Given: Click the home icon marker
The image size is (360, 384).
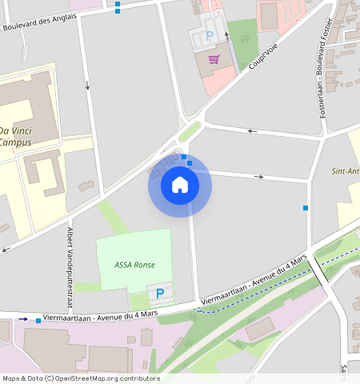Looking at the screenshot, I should coord(180,186).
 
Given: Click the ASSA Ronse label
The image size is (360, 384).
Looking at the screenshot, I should coord(134,265).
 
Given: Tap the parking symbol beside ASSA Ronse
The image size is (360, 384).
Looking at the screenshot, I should coord(160,294).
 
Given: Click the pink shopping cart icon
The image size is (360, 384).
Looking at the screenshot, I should coord(214,58).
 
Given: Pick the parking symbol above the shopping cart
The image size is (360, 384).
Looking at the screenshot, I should coord(210,36).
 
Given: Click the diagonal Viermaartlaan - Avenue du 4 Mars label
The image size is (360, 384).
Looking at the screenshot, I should coord(254,281).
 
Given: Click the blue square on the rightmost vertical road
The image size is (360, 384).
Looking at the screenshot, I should coord(306,208).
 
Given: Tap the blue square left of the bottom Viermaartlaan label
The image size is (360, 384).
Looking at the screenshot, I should coord(38,320).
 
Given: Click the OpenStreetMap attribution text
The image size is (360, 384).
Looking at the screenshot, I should coord(81,378).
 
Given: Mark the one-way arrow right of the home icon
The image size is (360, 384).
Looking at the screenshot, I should coord(258,176).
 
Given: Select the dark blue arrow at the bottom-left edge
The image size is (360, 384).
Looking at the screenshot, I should coord(23,319).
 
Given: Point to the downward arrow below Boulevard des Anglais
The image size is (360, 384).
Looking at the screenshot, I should coord(87,84).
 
